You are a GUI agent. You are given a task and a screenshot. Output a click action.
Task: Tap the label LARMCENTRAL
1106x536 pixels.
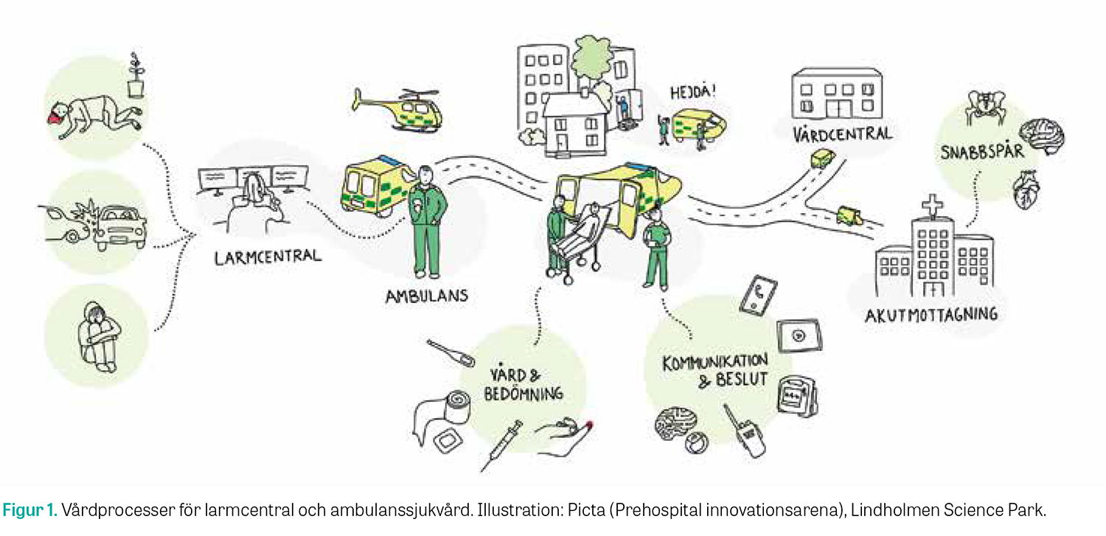click(268, 257)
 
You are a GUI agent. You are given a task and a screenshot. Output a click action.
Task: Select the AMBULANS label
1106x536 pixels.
click(426, 296)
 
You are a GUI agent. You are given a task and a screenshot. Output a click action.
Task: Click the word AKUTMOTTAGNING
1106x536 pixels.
click(931, 315)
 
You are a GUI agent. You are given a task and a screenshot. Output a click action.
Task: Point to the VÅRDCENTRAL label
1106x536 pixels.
click(843, 134)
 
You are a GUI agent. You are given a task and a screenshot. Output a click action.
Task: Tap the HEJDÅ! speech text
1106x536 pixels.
click(692, 93)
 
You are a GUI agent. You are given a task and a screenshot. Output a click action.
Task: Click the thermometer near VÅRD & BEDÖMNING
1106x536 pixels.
click(450, 353)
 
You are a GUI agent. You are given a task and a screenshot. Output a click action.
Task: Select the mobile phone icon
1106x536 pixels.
click(758, 296)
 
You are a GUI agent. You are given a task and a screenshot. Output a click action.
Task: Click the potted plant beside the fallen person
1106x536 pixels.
click(134, 76)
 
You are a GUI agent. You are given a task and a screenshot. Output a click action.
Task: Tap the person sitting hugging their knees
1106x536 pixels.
click(98, 336)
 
